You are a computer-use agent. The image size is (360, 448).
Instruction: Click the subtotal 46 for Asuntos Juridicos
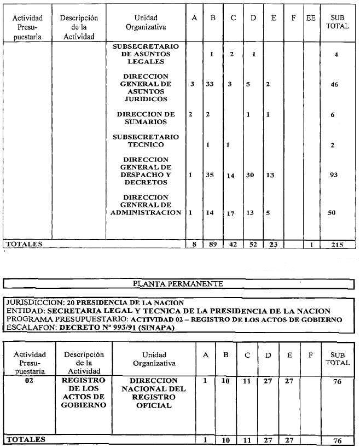point(334,85)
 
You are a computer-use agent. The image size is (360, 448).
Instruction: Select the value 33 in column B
point(212,84)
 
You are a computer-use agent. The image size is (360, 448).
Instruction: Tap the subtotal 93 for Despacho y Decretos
point(334,175)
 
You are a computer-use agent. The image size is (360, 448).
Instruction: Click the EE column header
point(311,18)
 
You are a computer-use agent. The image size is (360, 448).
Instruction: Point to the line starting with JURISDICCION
point(94,302)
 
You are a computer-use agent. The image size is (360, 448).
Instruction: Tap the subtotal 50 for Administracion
point(332,212)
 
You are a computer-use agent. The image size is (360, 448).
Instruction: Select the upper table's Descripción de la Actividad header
point(79,27)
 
